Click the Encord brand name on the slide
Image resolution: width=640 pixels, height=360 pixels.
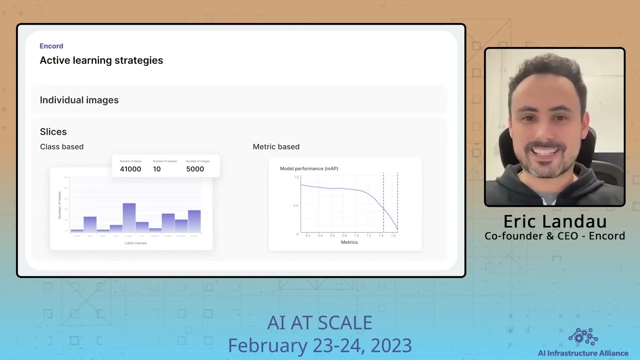pyautogui.click(x=51, y=46)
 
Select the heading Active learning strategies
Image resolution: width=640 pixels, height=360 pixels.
pyautogui.click(x=101, y=60)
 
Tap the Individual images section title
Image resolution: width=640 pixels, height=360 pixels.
pyautogui.click(x=79, y=100)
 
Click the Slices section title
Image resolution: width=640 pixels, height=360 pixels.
pyautogui.click(x=53, y=132)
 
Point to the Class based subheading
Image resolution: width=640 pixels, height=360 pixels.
pyautogui.click(x=61, y=146)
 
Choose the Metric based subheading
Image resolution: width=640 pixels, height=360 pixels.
pyautogui.click(x=276, y=146)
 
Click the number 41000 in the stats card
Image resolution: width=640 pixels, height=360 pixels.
pyautogui.click(x=130, y=169)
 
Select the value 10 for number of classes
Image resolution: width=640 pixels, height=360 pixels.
pyautogui.click(x=156, y=169)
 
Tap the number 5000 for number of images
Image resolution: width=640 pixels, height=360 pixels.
pyautogui.click(x=194, y=169)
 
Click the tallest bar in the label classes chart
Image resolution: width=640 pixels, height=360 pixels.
pyautogui.click(x=129, y=217)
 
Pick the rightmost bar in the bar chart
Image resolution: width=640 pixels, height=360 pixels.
pyautogui.click(x=194, y=221)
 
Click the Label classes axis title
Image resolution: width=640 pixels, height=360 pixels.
pyautogui.click(x=135, y=243)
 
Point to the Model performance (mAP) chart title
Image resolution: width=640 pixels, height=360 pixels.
pyautogui.click(x=309, y=168)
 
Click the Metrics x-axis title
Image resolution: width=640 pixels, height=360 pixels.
pyautogui.click(x=349, y=242)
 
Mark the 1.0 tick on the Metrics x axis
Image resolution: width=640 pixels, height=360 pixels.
pyautogui.click(x=356, y=235)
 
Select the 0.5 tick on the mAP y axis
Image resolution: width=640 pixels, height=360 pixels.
pyautogui.click(x=295, y=205)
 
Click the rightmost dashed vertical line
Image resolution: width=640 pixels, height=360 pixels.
pyautogui.click(x=397, y=200)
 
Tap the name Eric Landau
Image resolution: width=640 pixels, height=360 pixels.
pyautogui.click(x=554, y=221)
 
